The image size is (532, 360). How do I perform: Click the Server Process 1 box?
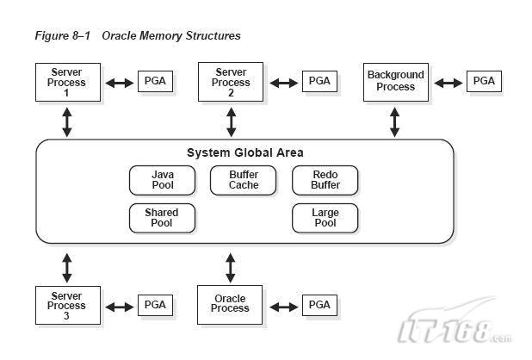[x=67, y=82]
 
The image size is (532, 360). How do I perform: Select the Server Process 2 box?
[x=231, y=82]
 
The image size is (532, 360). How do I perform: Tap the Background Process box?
[x=395, y=82]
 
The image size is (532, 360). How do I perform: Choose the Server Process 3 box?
[x=67, y=305]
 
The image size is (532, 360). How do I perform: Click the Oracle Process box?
[x=230, y=304]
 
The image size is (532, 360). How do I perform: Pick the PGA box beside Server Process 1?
[x=155, y=82]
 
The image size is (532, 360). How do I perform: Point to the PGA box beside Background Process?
[x=484, y=82]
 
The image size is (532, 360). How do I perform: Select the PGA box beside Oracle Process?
[x=319, y=305]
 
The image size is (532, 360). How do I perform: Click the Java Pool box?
[x=162, y=180]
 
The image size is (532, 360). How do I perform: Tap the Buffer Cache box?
[x=244, y=180]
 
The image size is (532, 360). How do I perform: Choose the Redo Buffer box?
[x=325, y=180]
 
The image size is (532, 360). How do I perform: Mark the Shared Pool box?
[x=162, y=218]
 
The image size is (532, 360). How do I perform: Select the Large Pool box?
[x=325, y=218]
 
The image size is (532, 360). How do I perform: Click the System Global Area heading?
[x=244, y=152]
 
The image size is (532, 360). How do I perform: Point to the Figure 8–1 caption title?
[x=138, y=36]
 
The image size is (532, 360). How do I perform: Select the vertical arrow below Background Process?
[x=395, y=121]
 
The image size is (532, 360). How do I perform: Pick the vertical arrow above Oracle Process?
[x=230, y=266]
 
